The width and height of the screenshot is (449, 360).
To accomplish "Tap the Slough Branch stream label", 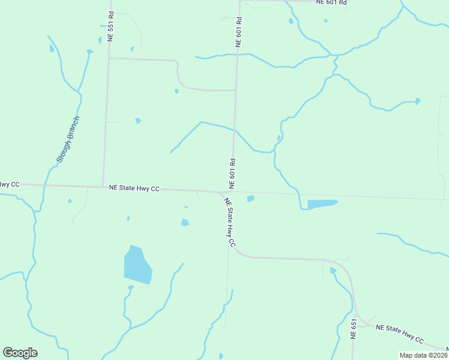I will click(68, 139).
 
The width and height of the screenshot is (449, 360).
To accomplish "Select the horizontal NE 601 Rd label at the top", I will click(332, 2).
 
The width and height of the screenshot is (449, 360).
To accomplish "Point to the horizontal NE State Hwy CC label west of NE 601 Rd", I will click(134, 188).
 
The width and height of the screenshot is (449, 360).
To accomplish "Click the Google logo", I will click(20, 353).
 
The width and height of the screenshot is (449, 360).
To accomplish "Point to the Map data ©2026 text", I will click(423, 355).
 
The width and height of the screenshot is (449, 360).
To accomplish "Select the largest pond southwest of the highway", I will click(137, 265).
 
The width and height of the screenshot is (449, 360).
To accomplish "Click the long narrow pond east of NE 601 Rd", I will click(322, 204).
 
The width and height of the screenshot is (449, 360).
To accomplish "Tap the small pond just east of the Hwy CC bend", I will click(250, 199).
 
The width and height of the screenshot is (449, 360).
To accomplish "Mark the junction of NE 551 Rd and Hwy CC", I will click(103, 186).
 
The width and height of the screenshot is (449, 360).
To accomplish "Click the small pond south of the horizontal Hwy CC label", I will click(185, 223).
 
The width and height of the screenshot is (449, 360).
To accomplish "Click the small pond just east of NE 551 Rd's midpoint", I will click(138, 121).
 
